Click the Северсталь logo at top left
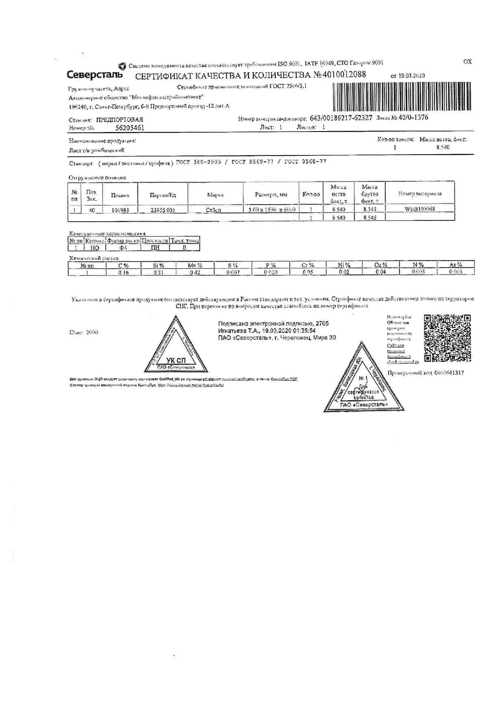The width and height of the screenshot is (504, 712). pyautogui.click(x=94, y=75)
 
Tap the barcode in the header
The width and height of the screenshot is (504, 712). pyautogui.click(x=402, y=97)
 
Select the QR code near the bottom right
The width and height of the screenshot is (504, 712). pyautogui.click(x=448, y=338)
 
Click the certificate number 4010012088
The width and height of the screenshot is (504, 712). pyautogui.click(x=339, y=75)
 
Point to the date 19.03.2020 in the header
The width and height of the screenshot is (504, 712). pyautogui.click(x=411, y=76)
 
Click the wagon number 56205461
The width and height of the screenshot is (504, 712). pyautogui.click(x=130, y=128)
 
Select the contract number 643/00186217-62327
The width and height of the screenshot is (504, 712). pyautogui.click(x=341, y=118)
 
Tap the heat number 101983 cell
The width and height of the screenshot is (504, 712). pyautogui.click(x=120, y=210)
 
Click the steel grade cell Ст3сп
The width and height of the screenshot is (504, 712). pyautogui.click(x=215, y=210)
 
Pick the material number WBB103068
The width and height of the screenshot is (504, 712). pyautogui.click(x=420, y=209)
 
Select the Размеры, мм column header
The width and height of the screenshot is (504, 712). pyautogui.click(x=271, y=194)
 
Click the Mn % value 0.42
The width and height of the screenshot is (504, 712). pyautogui.click(x=195, y=272)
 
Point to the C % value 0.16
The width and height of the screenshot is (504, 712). pyautogui.click(x=124, y=272)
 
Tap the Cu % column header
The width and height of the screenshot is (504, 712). pyautogui.click(x=380, y=265)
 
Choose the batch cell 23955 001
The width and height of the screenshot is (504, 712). pyautogui.click(x=163, y=210)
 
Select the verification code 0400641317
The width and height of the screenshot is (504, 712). pyautogui.click(x=449, y=373)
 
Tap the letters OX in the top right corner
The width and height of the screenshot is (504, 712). pyautogui.click(x=467, y=62)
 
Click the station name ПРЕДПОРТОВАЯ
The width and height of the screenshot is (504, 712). pyautogui.click(x=119, y=120)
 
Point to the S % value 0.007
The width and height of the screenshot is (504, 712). pyautogui.click(x=233, y=272)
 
